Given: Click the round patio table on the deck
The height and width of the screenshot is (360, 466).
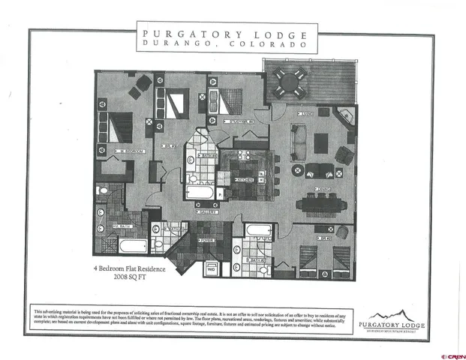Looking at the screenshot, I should [290, 79].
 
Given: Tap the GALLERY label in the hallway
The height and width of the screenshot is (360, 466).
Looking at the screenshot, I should [209, 212].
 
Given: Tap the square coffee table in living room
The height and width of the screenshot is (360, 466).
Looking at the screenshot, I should [321, 142].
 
